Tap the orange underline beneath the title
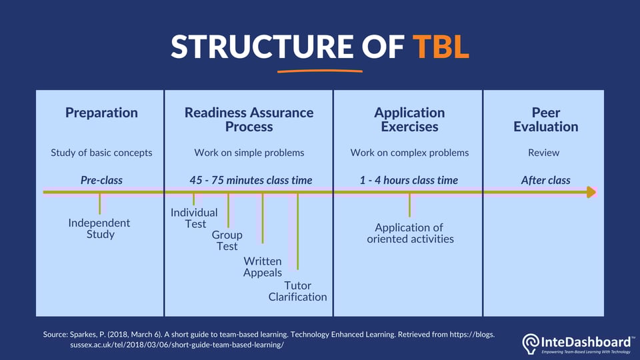[320, 69]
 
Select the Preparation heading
[101, 113]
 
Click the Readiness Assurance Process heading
[249, 119]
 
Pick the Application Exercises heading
[409, 119]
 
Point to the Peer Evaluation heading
[545, 119]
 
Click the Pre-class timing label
[101, 180]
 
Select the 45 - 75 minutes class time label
[251, 180]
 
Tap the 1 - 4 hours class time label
[409, 180]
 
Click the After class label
[545, 180]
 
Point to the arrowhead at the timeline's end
[591, 192]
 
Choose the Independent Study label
[99, 228]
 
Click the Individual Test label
[194, 218]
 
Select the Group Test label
[227, 241]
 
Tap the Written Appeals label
[263, 267]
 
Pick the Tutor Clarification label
[297, 291]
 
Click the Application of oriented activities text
[410, 233]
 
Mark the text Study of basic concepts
[101, 153]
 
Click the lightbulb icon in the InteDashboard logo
[531, 343]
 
